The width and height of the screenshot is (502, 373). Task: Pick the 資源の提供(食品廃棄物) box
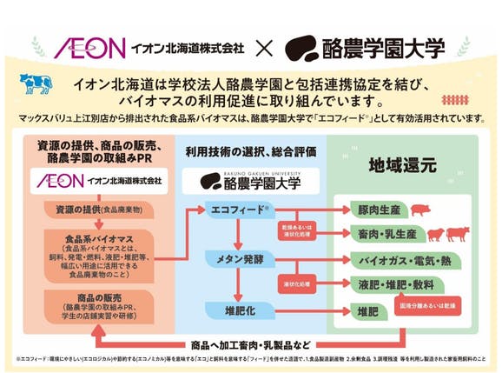coord(96,210)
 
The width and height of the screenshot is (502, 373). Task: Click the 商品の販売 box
coord(96,303)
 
